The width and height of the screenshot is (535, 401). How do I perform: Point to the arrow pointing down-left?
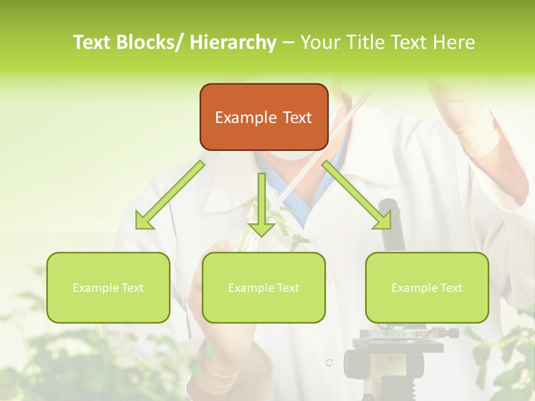point(170,195)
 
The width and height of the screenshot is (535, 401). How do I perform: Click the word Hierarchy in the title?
point(232,42)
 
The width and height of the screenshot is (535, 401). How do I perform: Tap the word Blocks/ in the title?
point(149,42)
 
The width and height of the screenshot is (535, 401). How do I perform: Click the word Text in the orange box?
point(296,118)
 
